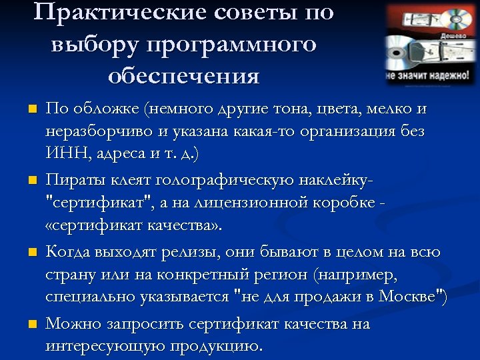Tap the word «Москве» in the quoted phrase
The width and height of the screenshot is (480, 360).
click(x=408, y=296)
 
